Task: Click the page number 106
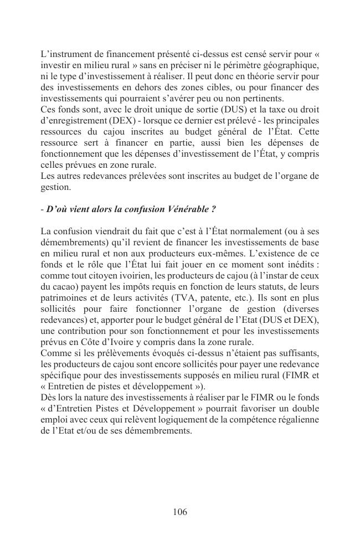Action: [179, 512]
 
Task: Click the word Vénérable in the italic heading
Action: [188, 209]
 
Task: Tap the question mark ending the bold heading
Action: [213, 209]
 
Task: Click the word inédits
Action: [299, 257]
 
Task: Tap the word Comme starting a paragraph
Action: [54, 353]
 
